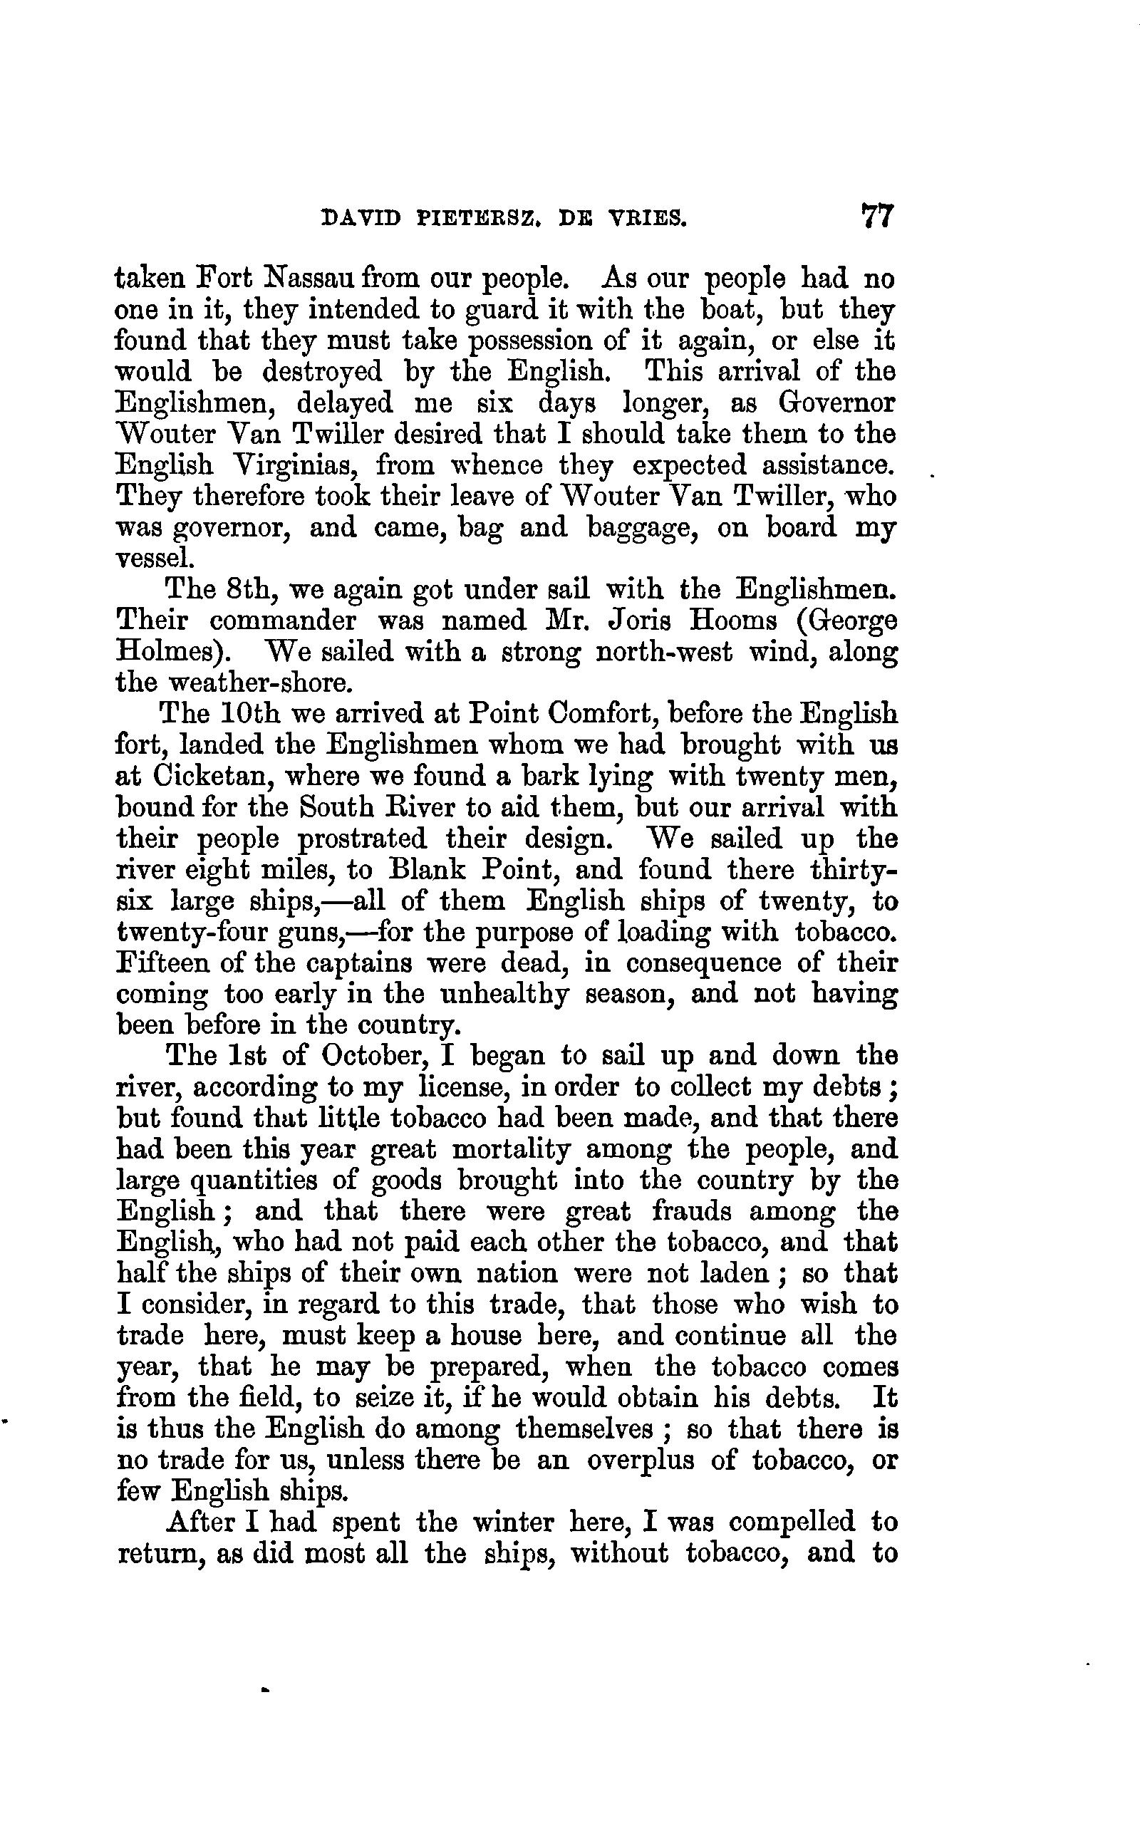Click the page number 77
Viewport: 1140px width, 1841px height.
pos(876,217)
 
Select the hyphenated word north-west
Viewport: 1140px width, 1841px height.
pos(663,651)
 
